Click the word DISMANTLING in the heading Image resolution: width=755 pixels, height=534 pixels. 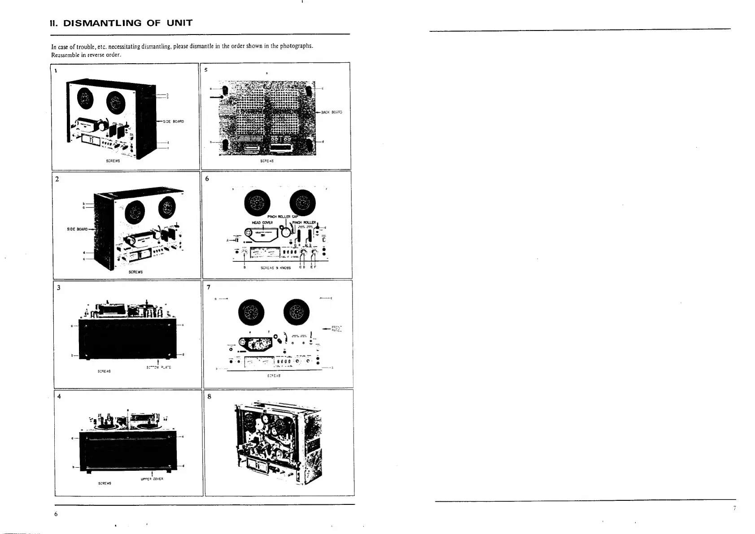point(102,23)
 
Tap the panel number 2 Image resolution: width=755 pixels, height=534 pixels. point(57,179)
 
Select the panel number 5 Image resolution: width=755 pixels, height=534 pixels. point(206,70)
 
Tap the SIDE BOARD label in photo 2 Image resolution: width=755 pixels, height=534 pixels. point(77,229)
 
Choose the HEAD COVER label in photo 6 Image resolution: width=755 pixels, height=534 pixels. point(259,222)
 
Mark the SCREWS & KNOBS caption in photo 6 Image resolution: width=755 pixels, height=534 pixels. point(275,268)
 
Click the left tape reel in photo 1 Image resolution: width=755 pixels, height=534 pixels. point(84,97)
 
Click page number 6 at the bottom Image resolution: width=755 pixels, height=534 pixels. point(56,514)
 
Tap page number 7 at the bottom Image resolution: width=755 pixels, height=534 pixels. point(734,508)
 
